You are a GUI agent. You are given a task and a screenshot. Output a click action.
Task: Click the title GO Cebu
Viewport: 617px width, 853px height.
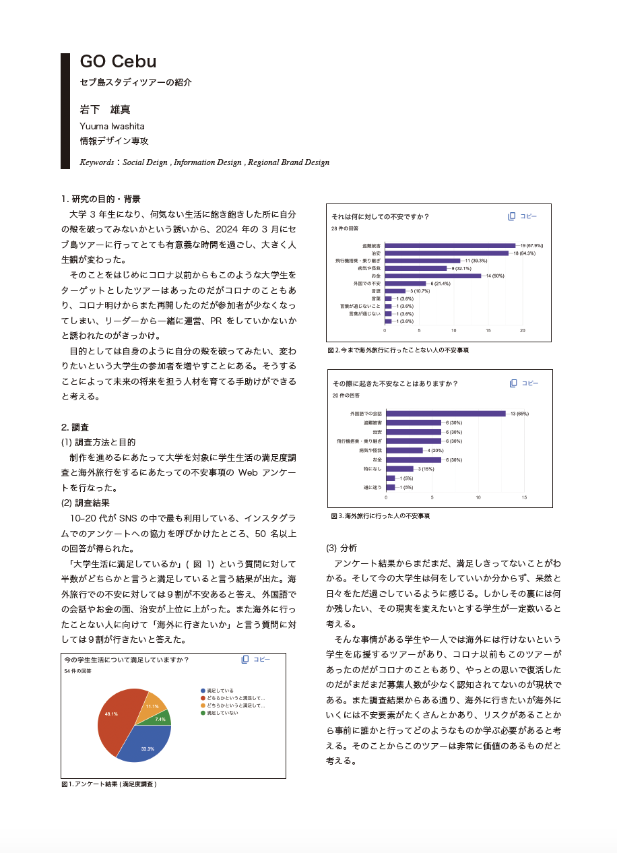tap(118, 61)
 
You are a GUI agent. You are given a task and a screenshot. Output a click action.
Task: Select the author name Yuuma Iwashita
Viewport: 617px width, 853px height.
tap(112, 126)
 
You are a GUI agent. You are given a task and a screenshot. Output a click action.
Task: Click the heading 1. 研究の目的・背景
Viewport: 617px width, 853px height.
tap(101, 199)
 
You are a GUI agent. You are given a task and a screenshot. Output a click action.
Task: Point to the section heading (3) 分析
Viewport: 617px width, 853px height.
tap(342, 548)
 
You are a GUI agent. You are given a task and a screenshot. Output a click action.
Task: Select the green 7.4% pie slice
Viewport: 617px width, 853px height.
tap(162, 718)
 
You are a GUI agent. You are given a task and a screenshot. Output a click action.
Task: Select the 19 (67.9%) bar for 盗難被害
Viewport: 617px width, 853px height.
tap(450, 246)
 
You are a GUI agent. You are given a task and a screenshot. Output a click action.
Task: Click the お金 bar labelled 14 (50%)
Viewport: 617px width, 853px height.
tap(432, 276)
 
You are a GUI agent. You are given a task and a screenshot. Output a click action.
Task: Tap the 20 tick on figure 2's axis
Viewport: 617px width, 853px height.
tap(523, 331)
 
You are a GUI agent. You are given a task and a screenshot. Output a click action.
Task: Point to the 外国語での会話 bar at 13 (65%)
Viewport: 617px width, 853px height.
tap(445, 414)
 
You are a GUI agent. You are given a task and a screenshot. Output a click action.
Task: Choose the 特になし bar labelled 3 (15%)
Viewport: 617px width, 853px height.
tap(399, 469)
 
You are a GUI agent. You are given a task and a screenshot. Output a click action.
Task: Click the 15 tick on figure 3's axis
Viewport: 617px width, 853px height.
tap(524, 497)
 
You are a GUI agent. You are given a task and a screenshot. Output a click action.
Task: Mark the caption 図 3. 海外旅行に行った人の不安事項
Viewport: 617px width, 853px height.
tap(380, 516)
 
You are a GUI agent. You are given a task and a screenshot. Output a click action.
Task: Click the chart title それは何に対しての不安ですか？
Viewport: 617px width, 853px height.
tap(381, 216)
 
